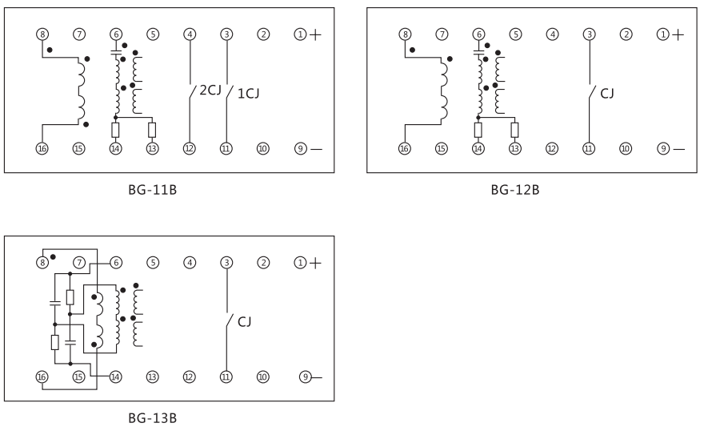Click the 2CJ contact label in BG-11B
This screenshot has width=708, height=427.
point(210,91)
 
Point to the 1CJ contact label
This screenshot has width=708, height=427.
point(250,93)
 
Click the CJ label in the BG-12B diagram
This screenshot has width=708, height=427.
point(607,94)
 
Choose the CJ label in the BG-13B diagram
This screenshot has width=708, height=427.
point(245,321)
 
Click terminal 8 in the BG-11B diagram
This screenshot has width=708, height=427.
point(43,34)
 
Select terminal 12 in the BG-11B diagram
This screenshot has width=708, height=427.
point(190,149)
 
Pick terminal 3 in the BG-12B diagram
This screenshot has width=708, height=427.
point(590,34)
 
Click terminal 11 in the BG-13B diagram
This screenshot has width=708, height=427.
point(226,376)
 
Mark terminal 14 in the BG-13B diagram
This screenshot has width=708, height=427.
point(116,376)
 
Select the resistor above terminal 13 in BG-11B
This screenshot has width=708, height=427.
point(152,130)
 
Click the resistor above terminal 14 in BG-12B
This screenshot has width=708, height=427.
point(478,130)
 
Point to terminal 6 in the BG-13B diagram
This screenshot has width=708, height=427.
point(116,262)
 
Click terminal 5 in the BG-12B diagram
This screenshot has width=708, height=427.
point(516,34)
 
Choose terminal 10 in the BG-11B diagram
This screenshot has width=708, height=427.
point(262,149)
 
